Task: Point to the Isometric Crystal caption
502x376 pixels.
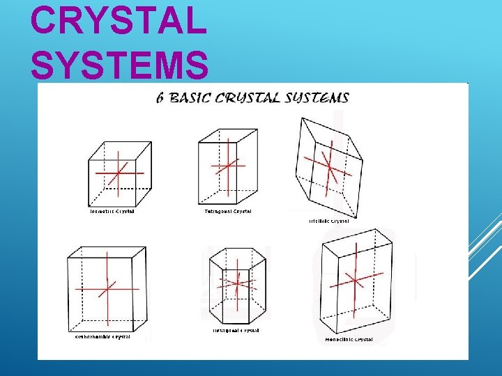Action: tap(112, 211)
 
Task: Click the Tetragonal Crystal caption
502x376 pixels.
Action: tap(228, 211)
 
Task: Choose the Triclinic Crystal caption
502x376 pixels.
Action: tap(328, 221)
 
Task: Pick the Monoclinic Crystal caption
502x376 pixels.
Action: tap(349, 340)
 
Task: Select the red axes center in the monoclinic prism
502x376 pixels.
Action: tap(355, 280)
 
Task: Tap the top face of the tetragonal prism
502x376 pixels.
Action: tap(228, 136)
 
